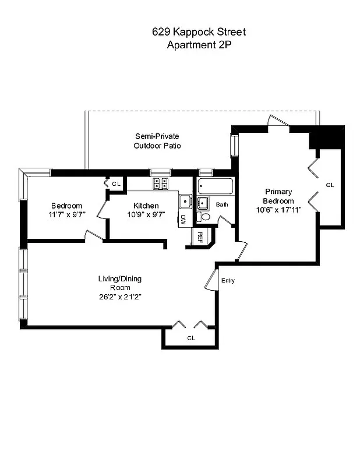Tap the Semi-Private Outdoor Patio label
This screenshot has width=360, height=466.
(157, 140)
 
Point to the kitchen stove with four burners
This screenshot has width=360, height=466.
(161, 183)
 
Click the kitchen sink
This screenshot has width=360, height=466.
(185, 202)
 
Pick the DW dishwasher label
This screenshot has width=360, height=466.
(183, 220)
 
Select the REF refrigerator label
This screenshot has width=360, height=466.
(199, 236)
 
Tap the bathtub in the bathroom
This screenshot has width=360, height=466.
(215, 186)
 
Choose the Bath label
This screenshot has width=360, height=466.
(222, 204)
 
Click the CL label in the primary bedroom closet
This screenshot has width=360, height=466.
(330, 185)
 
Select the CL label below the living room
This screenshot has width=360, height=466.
(191, 338)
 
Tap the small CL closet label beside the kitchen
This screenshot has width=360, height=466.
(116, 184)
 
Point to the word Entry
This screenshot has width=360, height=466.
(228, 281)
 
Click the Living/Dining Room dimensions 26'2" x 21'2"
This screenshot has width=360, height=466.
(119, 296)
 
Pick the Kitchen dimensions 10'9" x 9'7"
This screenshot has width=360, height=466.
(146, 214)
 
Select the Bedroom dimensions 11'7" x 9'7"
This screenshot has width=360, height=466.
(66, 214)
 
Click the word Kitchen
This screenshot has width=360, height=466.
(146, 206)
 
